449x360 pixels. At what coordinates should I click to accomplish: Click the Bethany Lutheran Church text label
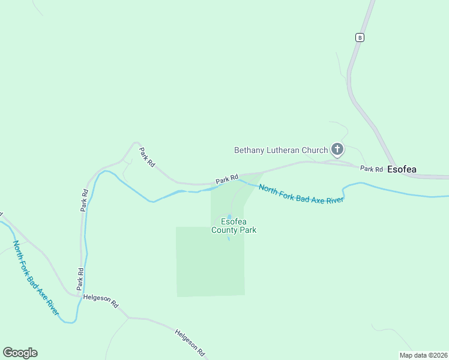(281, 150)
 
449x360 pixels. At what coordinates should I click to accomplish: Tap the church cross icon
(337, 149)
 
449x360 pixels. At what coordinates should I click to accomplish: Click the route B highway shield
(359, 37)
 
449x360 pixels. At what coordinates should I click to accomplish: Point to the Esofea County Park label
(234, 225)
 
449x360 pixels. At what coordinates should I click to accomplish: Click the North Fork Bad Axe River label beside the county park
(301, 194)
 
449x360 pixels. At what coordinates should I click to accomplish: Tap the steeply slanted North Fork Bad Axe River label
(36, 278)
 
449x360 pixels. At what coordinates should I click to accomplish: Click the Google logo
(20, 353)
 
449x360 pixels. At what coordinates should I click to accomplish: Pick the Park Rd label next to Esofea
(372, 169)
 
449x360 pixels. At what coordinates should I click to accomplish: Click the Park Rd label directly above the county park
(227, 179)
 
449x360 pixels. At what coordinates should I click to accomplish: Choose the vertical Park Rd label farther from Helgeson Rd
(85, 200)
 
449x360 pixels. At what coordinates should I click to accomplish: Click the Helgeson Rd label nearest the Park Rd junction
(101, 301)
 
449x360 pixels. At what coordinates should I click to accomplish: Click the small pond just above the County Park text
(229, 217)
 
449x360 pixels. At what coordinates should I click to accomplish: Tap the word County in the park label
(225, 230)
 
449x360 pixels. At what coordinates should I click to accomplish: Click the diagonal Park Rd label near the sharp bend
(146, 157)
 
